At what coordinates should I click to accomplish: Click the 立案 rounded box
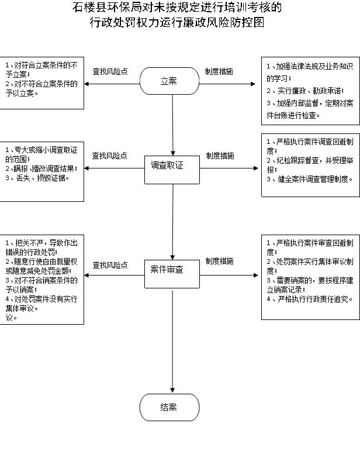[169, 81]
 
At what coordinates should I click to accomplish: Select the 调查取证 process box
[172, 170]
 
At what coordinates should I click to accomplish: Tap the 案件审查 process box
[172, 274]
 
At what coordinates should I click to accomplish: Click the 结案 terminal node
[169, 407]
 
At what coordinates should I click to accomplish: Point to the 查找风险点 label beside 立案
[110, 71]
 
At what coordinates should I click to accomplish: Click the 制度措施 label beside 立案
[219, 71]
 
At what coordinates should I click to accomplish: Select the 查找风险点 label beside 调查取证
[109, 156]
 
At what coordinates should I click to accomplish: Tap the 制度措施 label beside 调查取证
[220, 156]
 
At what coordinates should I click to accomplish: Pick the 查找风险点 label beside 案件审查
[110, 265]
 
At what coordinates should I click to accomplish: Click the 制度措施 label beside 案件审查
[220, 261]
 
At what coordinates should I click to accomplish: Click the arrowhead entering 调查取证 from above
[172, 153]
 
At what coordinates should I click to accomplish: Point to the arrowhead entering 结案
[172, 391]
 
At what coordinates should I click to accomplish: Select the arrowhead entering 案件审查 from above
[172, 257]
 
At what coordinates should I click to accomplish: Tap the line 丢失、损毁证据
[37, 178]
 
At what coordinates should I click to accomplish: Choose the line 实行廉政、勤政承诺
[305, 91]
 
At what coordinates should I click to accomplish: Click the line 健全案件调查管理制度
[310, 179]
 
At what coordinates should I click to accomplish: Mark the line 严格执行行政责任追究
[310, 299]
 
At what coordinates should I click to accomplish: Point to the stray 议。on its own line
[11, 318]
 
